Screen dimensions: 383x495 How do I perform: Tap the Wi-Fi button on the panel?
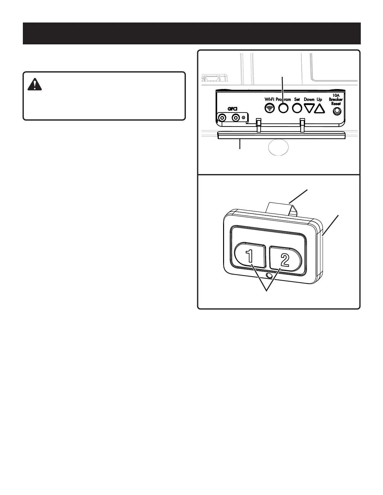pyautogui.click(x=270, y=108)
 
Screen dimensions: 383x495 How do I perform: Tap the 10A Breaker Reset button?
pyautogui.click(x=337, y=111)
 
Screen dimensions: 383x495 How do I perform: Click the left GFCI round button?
pyautogui.click(x=222, y=118)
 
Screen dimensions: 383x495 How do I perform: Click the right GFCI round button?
pyautogui.click(x=235, y=118)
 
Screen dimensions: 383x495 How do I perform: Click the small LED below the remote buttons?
pyautogui.click(x=268, y=276)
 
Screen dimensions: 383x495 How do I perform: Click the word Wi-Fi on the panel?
pyautogui.click(x=269, y=99)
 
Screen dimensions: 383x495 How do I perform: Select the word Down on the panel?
pyautogui.click(x=309, y=99)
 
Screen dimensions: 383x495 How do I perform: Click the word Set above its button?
pyautogui.click(x=297, y=99)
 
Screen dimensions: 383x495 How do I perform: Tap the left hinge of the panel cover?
pyautogui.click(x=258, y=125)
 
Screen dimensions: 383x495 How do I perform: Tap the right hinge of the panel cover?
pyautogui.click(x=302, y=125)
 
